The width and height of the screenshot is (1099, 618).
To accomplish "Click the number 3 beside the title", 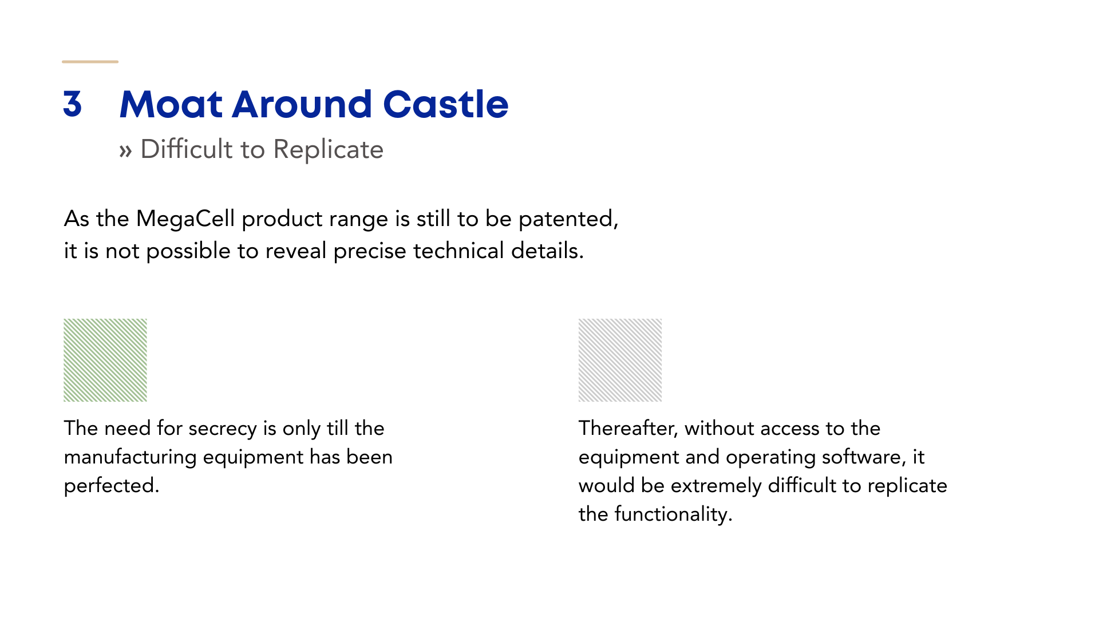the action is [x=73, y=104].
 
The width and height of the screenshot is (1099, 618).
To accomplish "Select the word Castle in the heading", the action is [x=445, y=104].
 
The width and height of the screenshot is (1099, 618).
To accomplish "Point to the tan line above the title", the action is [x=90, y=61].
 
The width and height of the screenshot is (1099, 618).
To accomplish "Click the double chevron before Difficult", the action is [x=125, y=151].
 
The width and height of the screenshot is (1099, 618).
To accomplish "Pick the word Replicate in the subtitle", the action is [x=328, y=150].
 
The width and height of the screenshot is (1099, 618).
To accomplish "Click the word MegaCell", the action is [x=185, y=219].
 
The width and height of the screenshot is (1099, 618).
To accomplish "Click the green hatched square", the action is [x=105, y=360].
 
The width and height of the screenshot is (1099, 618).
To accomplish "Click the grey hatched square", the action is [x=620, y=360].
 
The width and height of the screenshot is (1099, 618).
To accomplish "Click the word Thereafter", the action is [x=628, y=429].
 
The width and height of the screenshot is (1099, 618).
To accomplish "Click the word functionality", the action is [x=673, y=514].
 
